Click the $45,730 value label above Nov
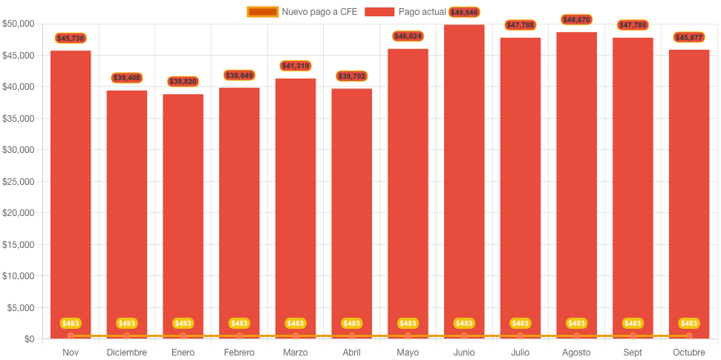pyautogui.click(x=71, y=38)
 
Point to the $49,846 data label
pyautogui.click(x=464, y=12)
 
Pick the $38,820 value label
pyautogui.click(x=183, y=81)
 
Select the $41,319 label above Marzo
pyautogui.click(x=296, y=66)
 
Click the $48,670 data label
pyautogui.click(x=576, y=19)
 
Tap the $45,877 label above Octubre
pyautogui.click(x=689, y=37)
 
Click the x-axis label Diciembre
pyautogui.click(x=127, y=352)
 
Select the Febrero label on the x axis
pyautogui.click(x=239, y=352)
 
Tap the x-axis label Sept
pyautogui.click(x=633, y=352)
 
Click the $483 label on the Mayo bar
pyautogui.click(x=408, y=324)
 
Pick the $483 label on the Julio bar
pyautogui.click(x=521, y=324)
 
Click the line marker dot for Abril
pyautogui.click(x=352, y=336)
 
